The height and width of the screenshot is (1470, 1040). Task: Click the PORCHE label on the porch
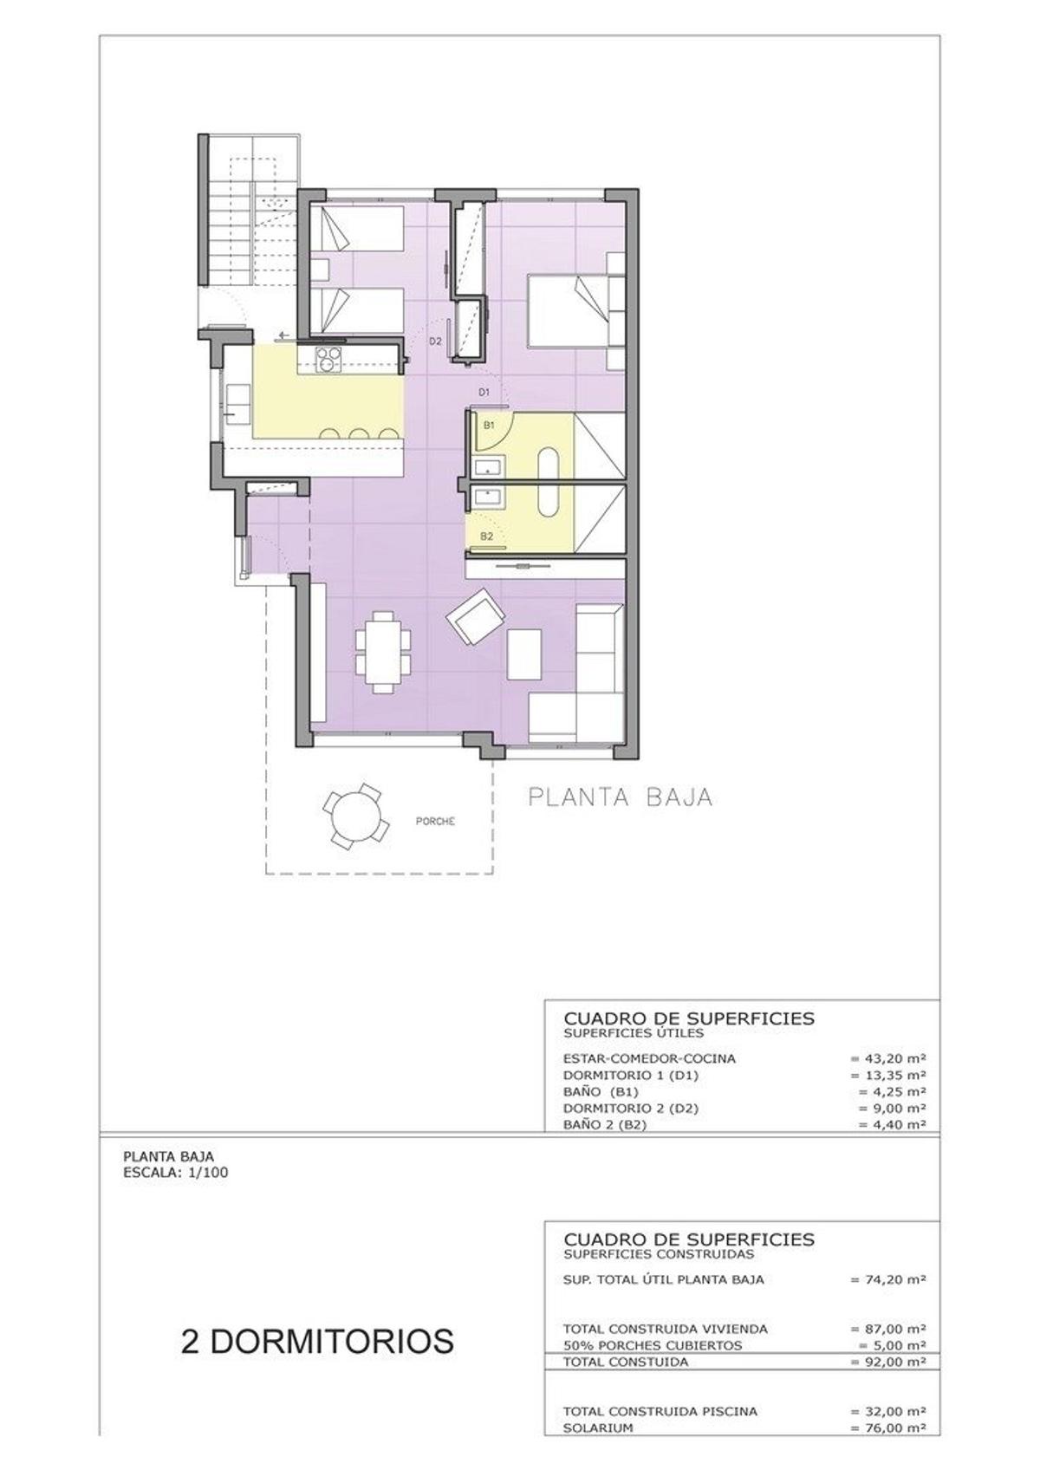[x=434, y=821]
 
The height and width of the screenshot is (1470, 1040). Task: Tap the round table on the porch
[x=354, y=816]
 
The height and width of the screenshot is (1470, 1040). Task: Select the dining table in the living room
[x=383, y=651]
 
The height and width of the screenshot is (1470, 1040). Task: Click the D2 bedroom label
[x=435, y=341]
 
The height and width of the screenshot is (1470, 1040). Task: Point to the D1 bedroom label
[x=485, y=392]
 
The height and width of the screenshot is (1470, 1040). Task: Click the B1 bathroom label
[x=489, y=426]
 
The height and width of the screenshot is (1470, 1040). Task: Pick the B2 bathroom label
[x=487, y=537]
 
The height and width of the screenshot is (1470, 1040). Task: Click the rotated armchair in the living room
[x=474, y=617]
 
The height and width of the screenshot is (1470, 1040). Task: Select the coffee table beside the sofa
[x=523, y=654]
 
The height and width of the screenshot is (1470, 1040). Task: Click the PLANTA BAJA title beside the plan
[x=621, y=797]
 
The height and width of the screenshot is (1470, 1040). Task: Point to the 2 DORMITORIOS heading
[x=317, y=1340]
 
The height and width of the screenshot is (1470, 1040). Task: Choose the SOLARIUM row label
[x=597, y=1428]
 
